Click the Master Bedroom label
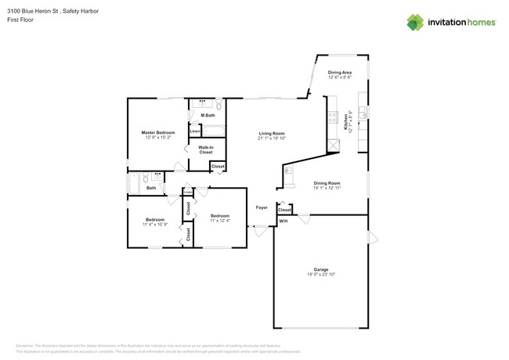158,132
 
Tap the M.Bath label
208,117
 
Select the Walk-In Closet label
206,149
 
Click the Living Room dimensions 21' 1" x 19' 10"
272,138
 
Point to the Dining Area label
340,72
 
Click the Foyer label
262,207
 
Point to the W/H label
283,221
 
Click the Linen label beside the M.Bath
195,131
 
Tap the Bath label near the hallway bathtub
151,188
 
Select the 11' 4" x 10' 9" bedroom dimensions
153,225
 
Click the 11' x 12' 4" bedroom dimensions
219,221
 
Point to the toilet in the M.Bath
219,105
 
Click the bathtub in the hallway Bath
135,182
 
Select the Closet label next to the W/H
284,210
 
